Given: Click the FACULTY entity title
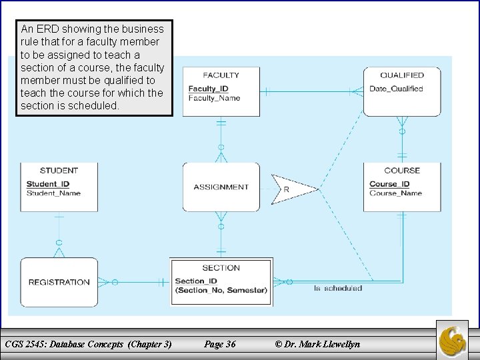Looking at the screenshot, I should click(221, 75).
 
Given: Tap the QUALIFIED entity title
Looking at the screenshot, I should click(401, 75).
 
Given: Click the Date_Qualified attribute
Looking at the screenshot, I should click(396, 89).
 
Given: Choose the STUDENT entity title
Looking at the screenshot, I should click(59, 171).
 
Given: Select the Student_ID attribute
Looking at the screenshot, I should click(48, 184).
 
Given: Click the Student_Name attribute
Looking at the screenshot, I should click(53, 193).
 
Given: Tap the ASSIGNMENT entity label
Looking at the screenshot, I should click(221, 187).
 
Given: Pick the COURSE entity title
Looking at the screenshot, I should click(401, 171).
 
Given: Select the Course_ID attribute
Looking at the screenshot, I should click(389, 184).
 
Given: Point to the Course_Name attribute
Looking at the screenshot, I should click(395, 193).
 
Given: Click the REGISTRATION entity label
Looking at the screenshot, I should click(59, 283).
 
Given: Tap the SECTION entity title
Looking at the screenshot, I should click(221, 268).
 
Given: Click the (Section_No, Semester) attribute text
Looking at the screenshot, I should click(221, 290).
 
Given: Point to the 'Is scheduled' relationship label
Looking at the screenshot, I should click(338, 289).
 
